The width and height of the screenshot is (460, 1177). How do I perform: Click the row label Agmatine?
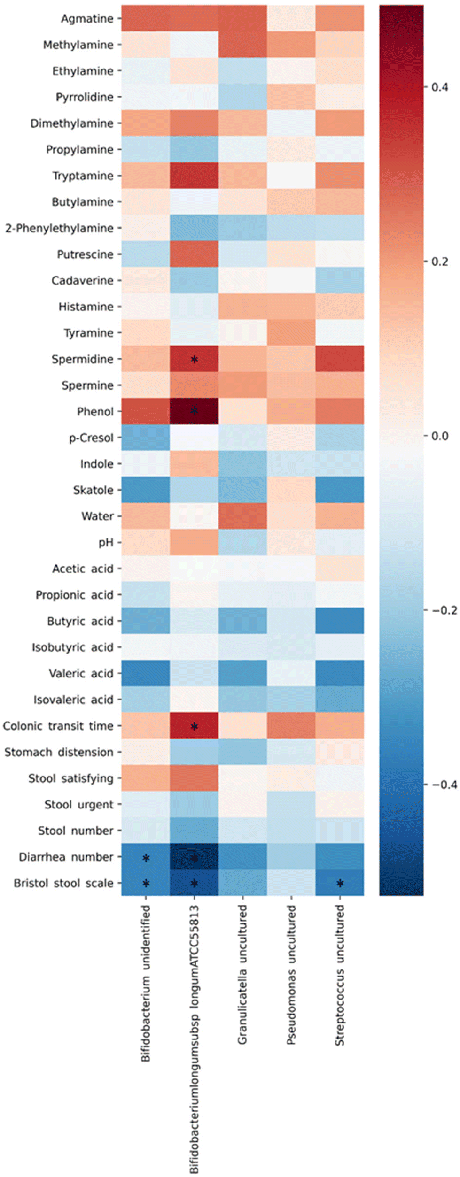tap(87, 19)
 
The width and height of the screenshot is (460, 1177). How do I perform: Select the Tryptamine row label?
tap(83, 176)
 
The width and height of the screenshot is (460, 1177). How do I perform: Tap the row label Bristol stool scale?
tap(63, 883)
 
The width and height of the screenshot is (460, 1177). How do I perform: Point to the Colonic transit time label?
tap(58, 726)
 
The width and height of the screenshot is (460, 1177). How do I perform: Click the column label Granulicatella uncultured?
tap(242, 975)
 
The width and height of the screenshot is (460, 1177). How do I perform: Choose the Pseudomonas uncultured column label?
tap(291, 975)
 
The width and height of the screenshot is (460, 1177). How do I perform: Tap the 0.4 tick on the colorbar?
tap(440, 87)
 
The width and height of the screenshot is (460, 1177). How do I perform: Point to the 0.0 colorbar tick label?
tap(440, 436)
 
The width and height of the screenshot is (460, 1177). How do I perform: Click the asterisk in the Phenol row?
tap(194, 411)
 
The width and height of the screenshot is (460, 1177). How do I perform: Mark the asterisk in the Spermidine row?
tap(194, 360)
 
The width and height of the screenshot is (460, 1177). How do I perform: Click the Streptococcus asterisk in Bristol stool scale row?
tap(340, 884)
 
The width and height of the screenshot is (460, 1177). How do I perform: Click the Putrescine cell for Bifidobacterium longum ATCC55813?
tap(194, 254)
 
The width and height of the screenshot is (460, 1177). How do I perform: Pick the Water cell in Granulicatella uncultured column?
tap(242, 516)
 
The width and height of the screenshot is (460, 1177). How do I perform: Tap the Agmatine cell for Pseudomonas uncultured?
tap(291, 19)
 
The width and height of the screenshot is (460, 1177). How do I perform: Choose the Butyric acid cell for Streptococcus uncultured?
tap(340, 621)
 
